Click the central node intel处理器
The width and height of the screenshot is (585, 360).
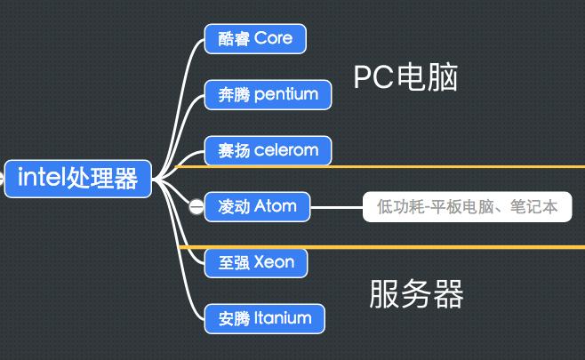77,179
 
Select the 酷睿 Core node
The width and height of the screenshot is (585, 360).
254,38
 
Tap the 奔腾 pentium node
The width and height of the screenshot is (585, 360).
268,94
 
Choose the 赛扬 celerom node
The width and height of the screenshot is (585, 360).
268,150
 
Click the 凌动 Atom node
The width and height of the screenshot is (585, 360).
257,207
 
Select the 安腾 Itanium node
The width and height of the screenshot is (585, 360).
264,318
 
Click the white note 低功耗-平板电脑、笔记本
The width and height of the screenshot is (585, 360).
467,207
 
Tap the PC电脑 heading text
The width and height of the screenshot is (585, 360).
405,78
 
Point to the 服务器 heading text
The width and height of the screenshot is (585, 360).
416,293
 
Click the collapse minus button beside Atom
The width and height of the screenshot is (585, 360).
196,207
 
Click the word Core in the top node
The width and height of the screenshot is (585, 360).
274,38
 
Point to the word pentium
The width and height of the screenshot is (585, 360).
285,94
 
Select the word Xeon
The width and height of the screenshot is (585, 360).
274,262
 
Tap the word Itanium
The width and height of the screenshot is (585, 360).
283,318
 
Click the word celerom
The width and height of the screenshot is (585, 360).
285,150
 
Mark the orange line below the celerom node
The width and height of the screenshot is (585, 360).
445,166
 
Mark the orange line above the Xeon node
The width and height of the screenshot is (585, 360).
445,246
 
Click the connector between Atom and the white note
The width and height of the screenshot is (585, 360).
336,207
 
